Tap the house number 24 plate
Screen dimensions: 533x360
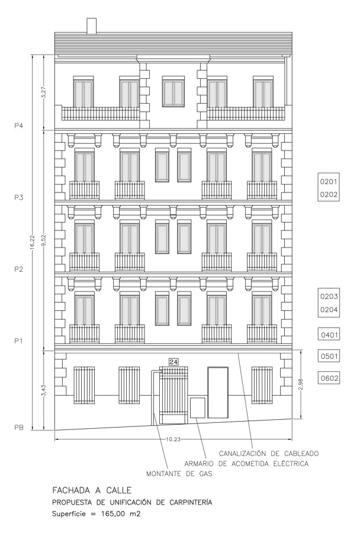point(173,362)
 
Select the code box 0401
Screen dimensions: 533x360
point(329,335)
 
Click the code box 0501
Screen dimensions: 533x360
point(329,357)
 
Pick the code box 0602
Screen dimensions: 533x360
point(329,378)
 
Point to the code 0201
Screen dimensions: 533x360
point(329,182)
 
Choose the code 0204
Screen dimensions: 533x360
point(329,310)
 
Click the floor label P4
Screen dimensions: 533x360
point(18,126)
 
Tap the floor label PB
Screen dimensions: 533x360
point(18,428)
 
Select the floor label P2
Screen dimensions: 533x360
point(18,269)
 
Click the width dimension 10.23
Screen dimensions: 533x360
point(173,439)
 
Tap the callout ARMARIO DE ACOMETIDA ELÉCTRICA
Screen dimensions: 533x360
point(246,464)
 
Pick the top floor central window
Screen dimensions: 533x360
point(173,92)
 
